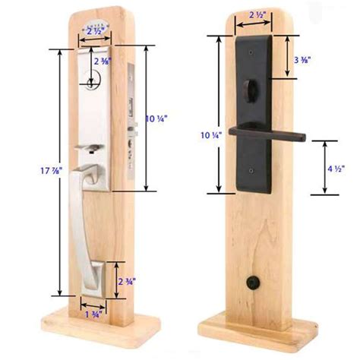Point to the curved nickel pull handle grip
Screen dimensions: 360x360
(x=95, y=220)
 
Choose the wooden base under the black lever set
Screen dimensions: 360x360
(x=258, y=328)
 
